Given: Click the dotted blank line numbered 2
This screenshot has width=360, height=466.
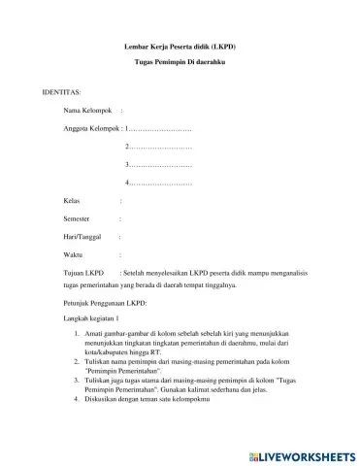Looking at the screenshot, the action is point(159,147).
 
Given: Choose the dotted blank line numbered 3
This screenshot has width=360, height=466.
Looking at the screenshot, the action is point(159,165).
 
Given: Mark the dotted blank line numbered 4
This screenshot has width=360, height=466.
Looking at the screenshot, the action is point(159,183).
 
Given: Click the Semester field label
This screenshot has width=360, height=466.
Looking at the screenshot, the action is point(77,218).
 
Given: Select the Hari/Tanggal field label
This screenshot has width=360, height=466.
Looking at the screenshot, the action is point(82,237).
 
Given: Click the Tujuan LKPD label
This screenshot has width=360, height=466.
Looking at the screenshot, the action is point(82,274).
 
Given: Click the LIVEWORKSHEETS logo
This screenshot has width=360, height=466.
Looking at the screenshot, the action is point(302,454).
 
